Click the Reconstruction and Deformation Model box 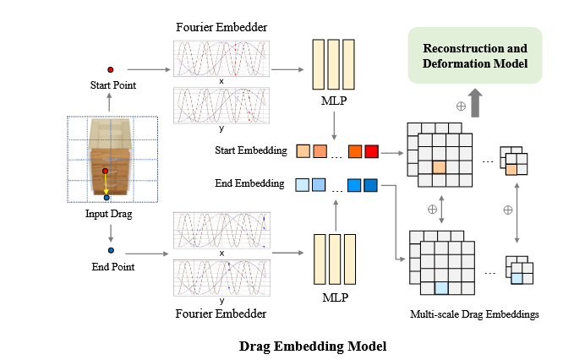474,55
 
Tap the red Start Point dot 110,69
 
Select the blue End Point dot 111,251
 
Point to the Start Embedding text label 249,152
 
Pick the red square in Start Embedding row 370,153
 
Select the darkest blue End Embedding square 370,184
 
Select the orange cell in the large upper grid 439,167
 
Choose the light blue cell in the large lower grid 440,287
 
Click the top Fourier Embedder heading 222,27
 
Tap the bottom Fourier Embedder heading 221,314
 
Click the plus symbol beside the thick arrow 462,106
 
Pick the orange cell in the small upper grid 511,171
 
